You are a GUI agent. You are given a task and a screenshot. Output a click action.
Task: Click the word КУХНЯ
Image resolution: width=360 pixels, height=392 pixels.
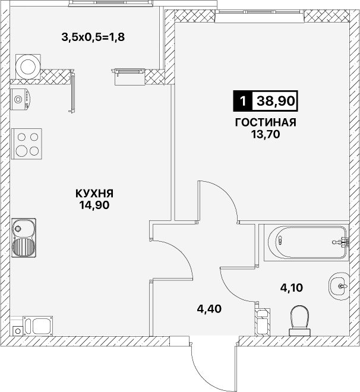(x=94, y=194)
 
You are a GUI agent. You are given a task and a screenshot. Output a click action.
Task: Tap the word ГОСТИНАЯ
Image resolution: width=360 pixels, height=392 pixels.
(x=266, y=122)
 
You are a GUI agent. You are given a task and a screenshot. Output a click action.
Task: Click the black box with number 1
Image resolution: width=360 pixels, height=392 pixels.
(x=243, y=101)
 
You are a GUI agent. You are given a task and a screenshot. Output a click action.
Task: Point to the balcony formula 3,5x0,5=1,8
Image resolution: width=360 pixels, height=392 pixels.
(x=93, y=37)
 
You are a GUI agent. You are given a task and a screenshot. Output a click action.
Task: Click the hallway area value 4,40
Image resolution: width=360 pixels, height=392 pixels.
(x=209, y=309)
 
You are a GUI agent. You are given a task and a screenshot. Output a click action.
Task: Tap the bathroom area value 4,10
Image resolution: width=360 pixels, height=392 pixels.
(x=292, y=288)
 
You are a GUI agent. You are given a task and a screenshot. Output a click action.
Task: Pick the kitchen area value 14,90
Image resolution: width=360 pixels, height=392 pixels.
(x=94, y=206)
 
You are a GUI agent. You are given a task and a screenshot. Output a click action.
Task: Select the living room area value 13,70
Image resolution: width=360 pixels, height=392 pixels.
(x=266, y=134)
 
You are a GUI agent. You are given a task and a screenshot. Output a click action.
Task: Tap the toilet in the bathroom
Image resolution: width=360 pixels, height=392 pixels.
(x=300, y=321)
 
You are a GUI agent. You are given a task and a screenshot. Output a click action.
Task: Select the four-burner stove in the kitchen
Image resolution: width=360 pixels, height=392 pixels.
(x=27, y=144)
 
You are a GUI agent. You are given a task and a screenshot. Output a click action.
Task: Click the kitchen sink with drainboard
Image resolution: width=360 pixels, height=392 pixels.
(x=24, y=238)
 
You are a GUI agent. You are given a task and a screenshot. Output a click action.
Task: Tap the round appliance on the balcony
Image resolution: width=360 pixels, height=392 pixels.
(x=28, y=67)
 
